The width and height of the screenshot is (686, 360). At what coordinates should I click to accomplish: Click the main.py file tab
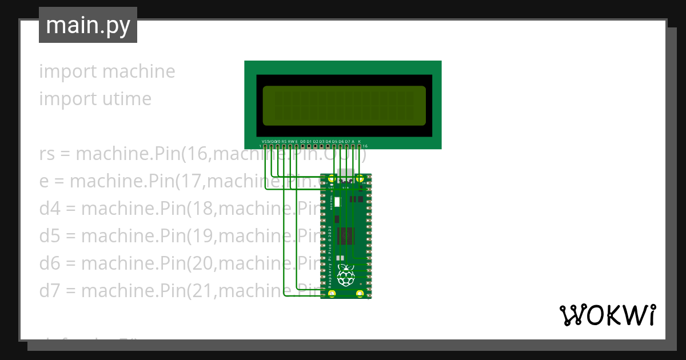[x=87, y=25]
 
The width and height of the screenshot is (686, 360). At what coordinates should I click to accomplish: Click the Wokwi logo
[x=607, y=315]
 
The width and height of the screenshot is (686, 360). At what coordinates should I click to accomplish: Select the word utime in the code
[x=123, y=99]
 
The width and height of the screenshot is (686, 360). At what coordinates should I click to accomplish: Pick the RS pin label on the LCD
[x=284, y=141]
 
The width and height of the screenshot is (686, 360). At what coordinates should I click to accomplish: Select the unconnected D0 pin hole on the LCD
[x=302, y=146]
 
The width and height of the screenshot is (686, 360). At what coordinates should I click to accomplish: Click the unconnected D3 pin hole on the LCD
[x=321, y=146]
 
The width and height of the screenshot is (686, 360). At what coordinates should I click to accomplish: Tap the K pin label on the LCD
[x=359, y=141]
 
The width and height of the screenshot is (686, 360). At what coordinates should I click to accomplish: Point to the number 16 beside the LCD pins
[x=365, y=146]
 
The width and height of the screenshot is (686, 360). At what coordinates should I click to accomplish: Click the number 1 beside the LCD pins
[x=260, y=146]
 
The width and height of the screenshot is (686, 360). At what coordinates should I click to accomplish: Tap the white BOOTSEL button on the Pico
[x=337, y=202]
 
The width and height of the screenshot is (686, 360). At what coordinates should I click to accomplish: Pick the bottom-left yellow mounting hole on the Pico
[x=332, y=294]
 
